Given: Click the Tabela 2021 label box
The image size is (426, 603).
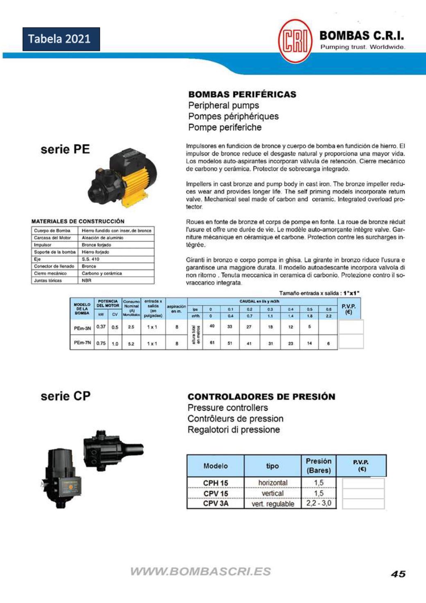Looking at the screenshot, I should tap(61, 39).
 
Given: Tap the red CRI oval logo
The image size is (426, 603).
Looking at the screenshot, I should tap(294, 41).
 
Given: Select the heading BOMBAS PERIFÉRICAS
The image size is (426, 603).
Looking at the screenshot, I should tap(242, 94).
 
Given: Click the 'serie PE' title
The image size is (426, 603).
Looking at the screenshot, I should tap(65, 149).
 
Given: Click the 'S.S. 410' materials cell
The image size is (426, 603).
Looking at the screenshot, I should tap(91, 259).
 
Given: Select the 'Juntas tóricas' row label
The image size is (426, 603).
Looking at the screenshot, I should tap(48, 280).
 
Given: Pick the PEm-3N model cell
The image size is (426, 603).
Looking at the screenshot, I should tap(82, 328).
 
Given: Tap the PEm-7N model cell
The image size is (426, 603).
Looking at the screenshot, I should tap(82, 343).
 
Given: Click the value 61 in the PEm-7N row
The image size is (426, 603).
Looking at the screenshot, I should tap(212, 343).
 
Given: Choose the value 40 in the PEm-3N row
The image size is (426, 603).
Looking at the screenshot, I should tap(212, 326).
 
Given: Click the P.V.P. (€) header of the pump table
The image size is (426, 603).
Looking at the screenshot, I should tap(349, 309).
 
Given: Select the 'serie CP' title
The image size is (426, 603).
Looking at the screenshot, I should tap(66, 396).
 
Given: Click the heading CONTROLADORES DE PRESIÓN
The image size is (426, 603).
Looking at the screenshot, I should tap(261, 397).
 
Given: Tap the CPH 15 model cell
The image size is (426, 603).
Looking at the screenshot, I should tap(215, 483).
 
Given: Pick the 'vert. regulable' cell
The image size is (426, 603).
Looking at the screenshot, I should tap(273, 504).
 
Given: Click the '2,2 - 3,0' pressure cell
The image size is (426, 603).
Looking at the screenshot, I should tap(319, 503).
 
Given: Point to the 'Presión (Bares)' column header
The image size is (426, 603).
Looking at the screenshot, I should tap(318, 466).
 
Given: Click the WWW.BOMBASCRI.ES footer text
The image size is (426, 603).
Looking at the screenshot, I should tap(200, 571).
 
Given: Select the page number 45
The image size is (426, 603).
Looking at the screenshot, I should tap(398, 574).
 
